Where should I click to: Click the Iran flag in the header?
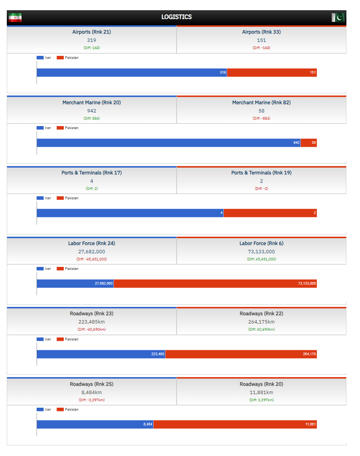tap(15, 17)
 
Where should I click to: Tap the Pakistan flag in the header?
tap(338, 17)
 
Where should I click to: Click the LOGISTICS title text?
tap(177, 17)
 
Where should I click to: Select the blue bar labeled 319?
tap(132, 72)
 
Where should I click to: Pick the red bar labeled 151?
tap(272, 72)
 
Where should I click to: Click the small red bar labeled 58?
tap(309, 143)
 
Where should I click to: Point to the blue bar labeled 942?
tap(168, 143)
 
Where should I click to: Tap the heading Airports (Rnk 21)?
tap(92, 32)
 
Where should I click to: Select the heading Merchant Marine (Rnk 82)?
tap(262, 102)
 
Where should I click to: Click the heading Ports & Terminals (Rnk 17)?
tap(92, 173)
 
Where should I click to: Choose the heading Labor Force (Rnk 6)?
tap(262, 243)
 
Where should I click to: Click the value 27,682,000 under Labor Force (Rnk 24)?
tap(92, 251)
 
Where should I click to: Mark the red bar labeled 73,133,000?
tap(215, 283)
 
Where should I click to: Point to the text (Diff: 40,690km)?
tap(262, 330)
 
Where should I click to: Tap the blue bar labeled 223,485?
tap(101, 354)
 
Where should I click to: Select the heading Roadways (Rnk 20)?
tap(262, 384)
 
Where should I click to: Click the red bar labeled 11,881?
tap(235, 424)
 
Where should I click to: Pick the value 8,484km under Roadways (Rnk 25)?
tap(92, 393)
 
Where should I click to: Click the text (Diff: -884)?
tap(262, 119)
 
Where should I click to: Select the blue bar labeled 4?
tap(130, 213)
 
